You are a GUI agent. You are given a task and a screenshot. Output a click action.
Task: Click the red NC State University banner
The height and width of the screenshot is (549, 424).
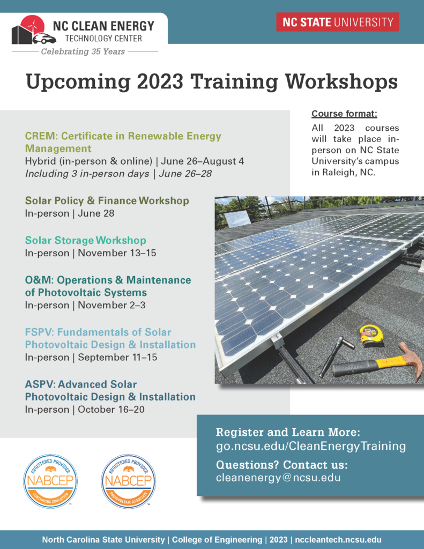point(337,22)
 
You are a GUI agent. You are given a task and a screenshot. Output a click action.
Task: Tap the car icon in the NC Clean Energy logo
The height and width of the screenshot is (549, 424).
point(44,39)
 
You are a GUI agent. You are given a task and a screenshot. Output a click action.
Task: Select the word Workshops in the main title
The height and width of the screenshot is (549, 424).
point(341,82)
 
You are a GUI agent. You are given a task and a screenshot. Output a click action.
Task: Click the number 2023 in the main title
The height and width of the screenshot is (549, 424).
point(160,81)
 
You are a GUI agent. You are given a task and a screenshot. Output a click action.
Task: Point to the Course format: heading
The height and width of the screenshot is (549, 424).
point(345,114)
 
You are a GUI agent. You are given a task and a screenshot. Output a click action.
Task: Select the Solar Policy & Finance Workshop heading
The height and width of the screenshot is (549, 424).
point(107,201)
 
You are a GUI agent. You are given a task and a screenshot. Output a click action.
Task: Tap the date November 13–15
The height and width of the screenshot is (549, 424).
point(117,253)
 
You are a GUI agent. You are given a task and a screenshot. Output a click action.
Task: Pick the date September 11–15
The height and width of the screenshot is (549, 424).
point(117,357)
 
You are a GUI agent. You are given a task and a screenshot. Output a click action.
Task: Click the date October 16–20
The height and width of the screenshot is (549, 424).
point(111,409)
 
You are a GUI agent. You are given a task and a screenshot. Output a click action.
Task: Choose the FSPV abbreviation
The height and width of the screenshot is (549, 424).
point(39,332)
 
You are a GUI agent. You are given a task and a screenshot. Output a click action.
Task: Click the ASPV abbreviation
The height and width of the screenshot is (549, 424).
point(40,384)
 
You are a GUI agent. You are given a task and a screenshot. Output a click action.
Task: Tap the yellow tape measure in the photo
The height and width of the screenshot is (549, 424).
point(371,335)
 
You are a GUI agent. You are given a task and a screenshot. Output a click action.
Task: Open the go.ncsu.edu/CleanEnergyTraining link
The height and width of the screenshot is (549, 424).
point(311,446)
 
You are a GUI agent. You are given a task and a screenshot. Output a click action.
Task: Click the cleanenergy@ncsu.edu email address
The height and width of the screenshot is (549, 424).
point(278,478)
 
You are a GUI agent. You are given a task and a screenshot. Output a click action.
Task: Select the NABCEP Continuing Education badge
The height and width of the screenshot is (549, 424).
point(50,481)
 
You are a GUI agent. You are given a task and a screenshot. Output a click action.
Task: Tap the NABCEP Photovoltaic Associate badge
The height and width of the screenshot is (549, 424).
point(128,481)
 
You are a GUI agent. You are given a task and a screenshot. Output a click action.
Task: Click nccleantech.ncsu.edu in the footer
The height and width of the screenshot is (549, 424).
point(338,539)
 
